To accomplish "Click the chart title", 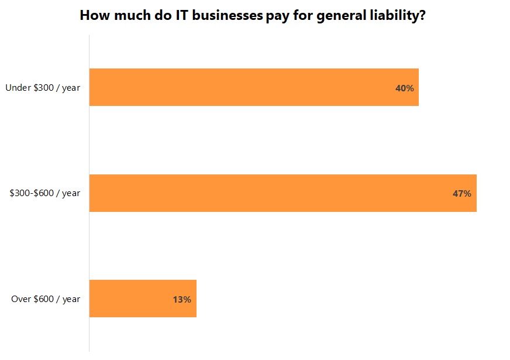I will (x=252, y=15).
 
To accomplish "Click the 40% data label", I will (x=404, y=88).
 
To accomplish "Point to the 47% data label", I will (x=461, y=193).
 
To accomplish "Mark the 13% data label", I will (x=181, y=299).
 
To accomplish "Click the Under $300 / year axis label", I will (x=43, y=88).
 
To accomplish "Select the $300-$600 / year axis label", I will (x=45, y=193).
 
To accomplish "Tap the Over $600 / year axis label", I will (x=46, y=299).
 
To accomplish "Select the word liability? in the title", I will (x=397, y=16).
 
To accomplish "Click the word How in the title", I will (x=94, y=15).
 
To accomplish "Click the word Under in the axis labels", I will (x=17, y=88).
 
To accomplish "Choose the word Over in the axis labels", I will (x=21, y=299).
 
